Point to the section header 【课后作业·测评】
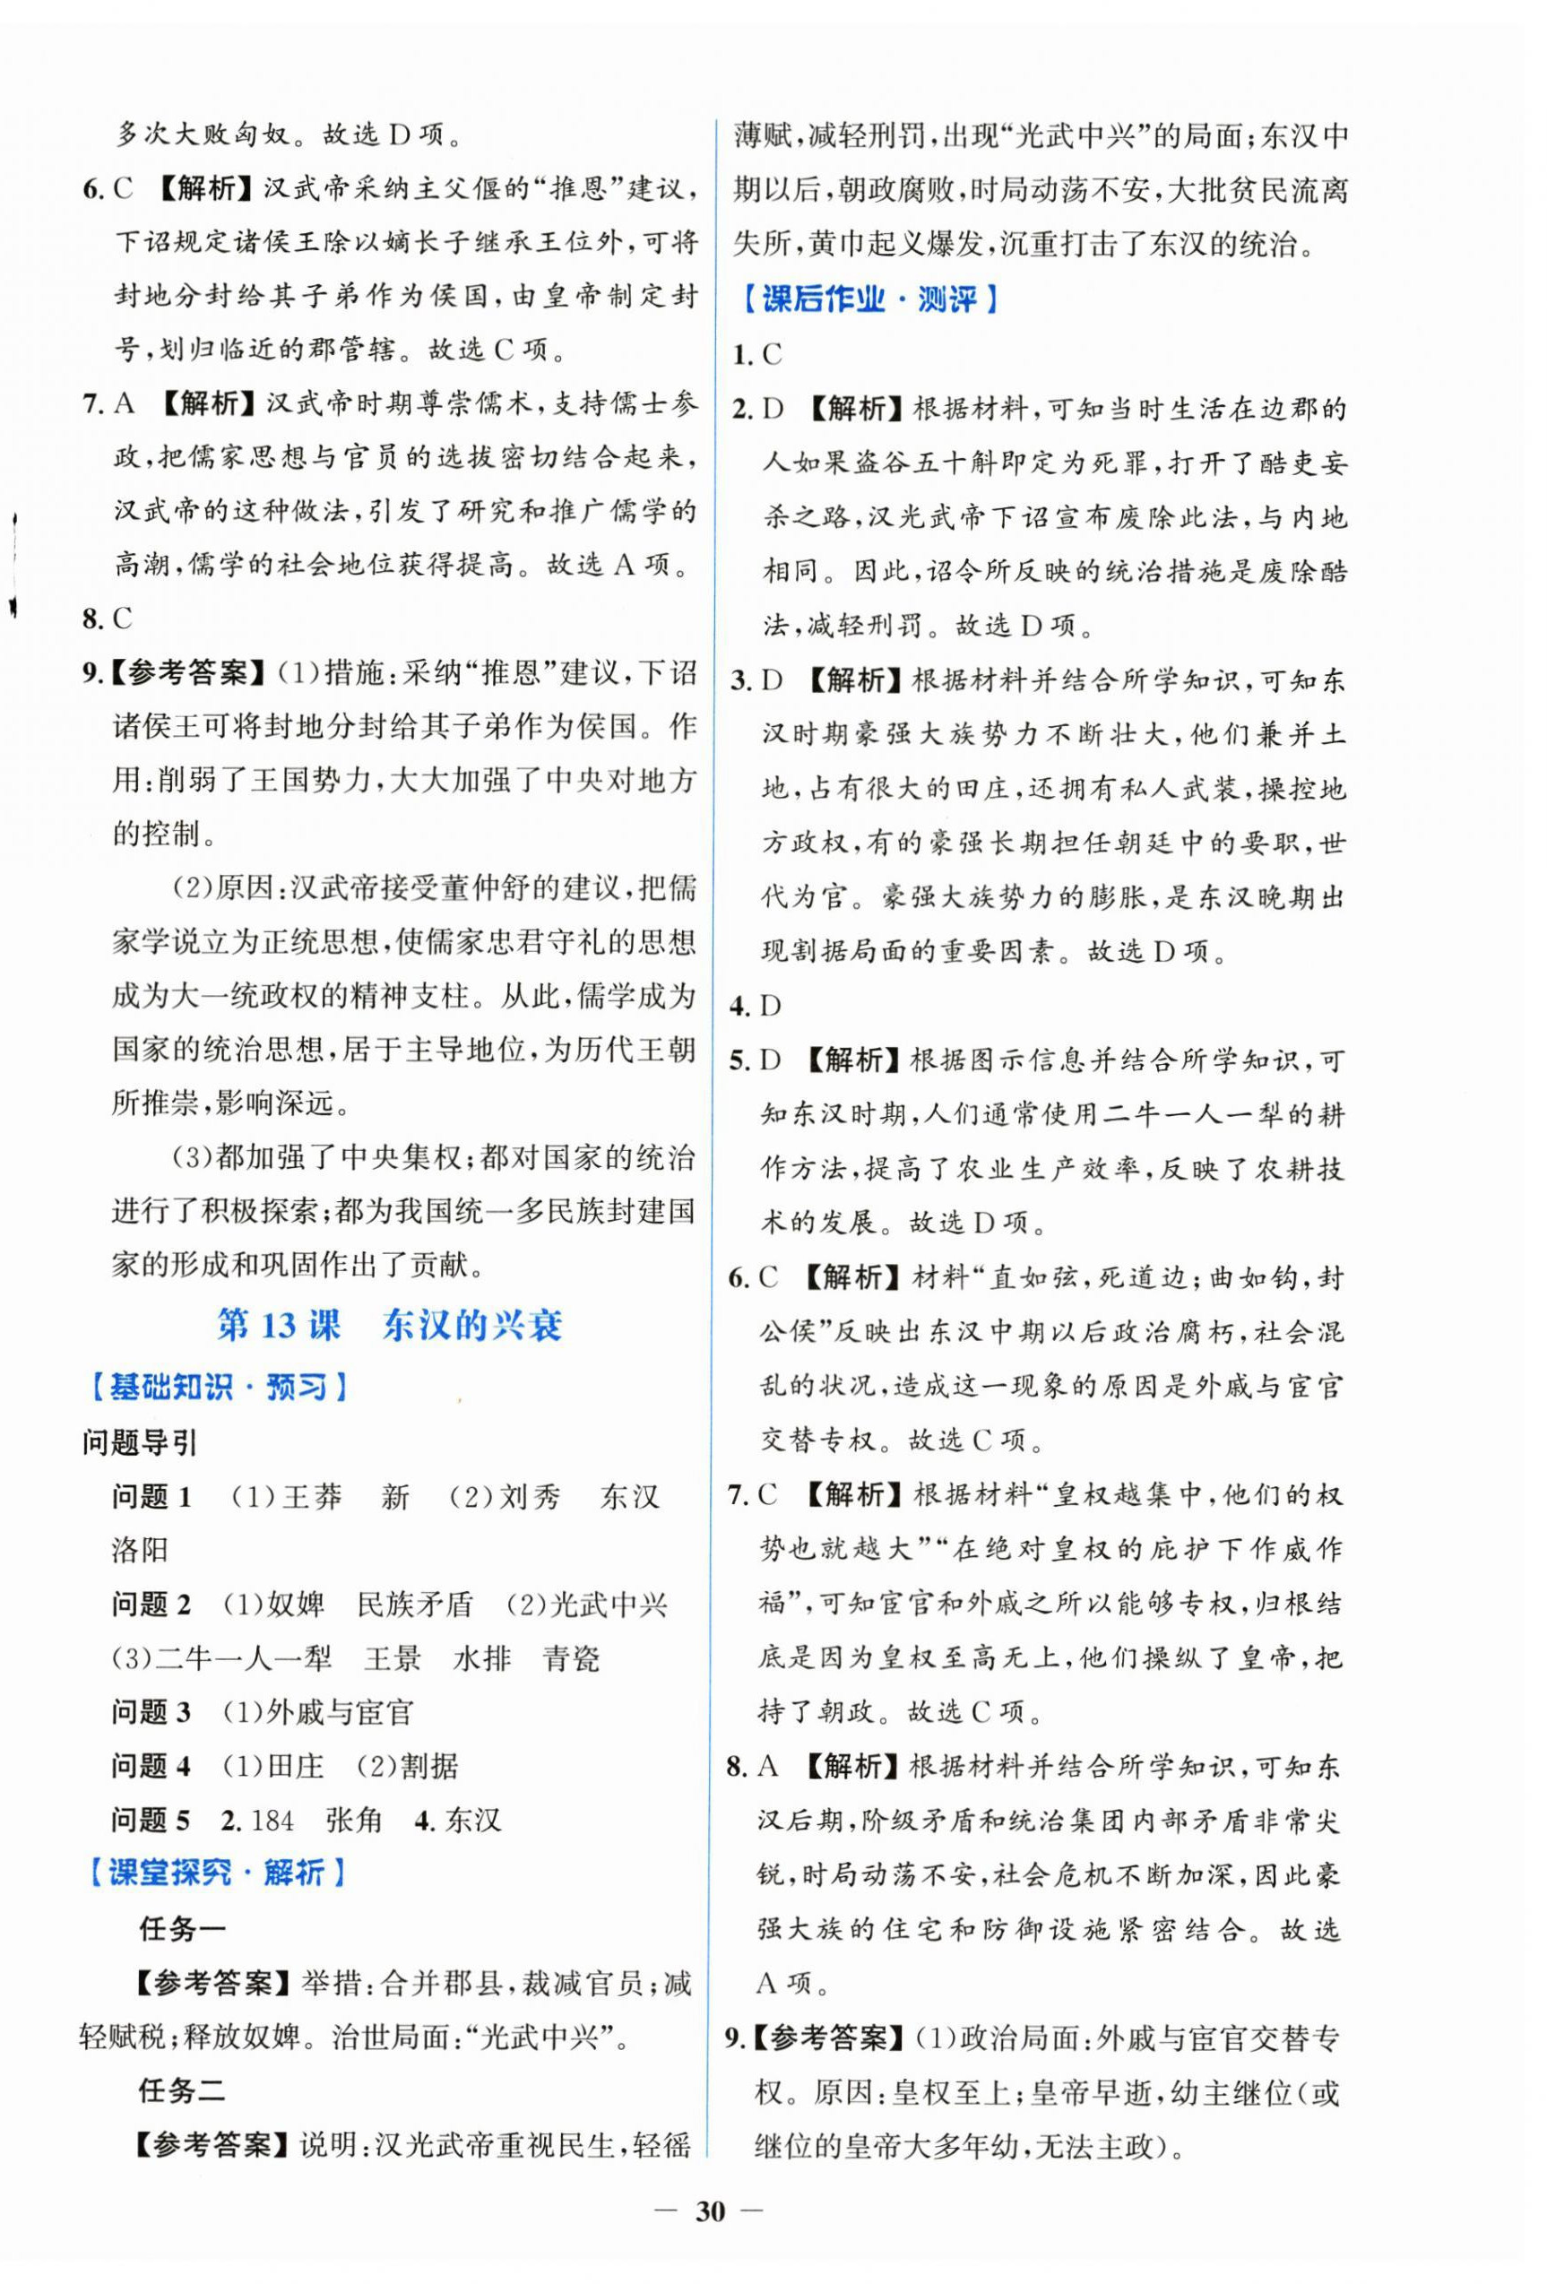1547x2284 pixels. coord(869,298)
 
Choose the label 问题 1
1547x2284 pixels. coord(151,1497)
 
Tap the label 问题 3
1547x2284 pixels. coord(151,1712)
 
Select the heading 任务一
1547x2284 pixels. coord(182,1929)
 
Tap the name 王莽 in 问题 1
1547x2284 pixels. coord(312,1497)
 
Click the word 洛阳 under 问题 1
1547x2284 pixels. coord(140,1551)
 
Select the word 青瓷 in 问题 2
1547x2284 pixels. coord(571,1659)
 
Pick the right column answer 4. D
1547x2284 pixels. coord(755,1006)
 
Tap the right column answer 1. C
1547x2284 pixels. coord(756,355)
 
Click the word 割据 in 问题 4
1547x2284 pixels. coord(428,1766)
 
